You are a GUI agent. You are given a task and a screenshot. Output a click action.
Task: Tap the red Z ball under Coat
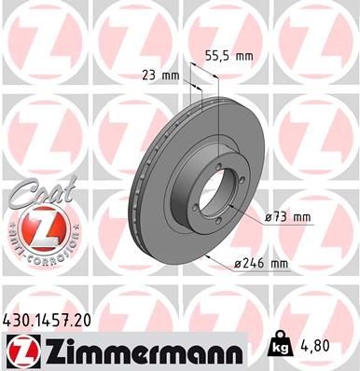coord(33,227)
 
